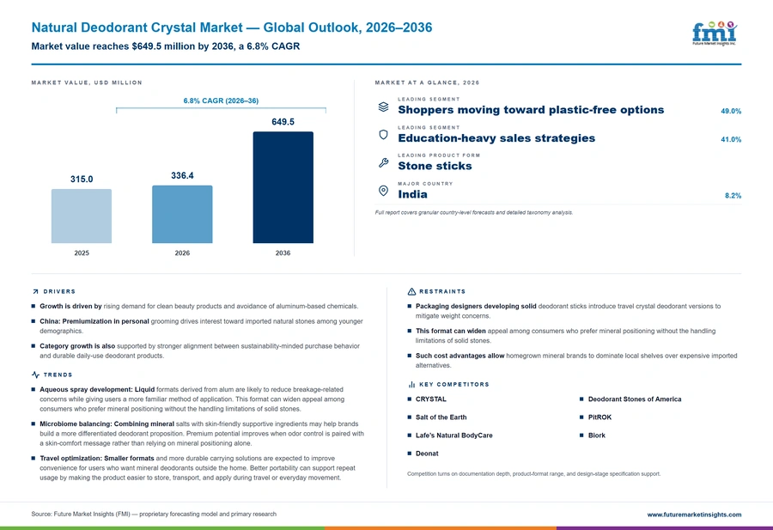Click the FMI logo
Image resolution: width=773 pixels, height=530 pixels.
tap(715, 34)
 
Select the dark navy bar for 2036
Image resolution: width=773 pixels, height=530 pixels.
tap(283, 187)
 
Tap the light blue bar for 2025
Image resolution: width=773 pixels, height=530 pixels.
tap(82, 216)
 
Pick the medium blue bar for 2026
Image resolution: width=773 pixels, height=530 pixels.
tap(182, 215)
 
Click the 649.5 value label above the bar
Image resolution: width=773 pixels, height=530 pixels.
tap(283, 122)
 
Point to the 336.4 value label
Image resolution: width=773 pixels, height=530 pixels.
tap(182, 175)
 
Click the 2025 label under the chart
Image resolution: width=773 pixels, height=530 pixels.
tap(82, 253)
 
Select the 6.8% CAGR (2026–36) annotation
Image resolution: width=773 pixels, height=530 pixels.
tap(221, 101)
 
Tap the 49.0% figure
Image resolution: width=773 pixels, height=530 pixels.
tap(731, 112)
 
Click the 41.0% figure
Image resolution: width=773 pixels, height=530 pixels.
tap(731, 139)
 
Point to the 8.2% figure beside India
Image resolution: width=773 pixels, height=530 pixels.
tap(733, 196)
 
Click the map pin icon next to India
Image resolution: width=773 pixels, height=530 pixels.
tap(383, 191)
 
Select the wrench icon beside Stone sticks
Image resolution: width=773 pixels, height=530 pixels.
tap(384, 162)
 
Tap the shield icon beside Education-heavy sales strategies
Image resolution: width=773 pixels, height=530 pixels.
tap(383, 135)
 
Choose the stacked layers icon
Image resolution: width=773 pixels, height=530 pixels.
tap(384, 107)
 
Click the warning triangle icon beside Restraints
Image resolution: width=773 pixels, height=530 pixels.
tap(411, 291)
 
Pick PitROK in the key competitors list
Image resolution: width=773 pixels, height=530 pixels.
tap(600, 417)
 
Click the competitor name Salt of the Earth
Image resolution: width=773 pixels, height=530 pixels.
tap(441, 417)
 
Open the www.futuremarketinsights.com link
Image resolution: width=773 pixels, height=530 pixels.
tap(694, 515)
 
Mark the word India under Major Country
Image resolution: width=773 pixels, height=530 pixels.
tap(412, 194)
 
